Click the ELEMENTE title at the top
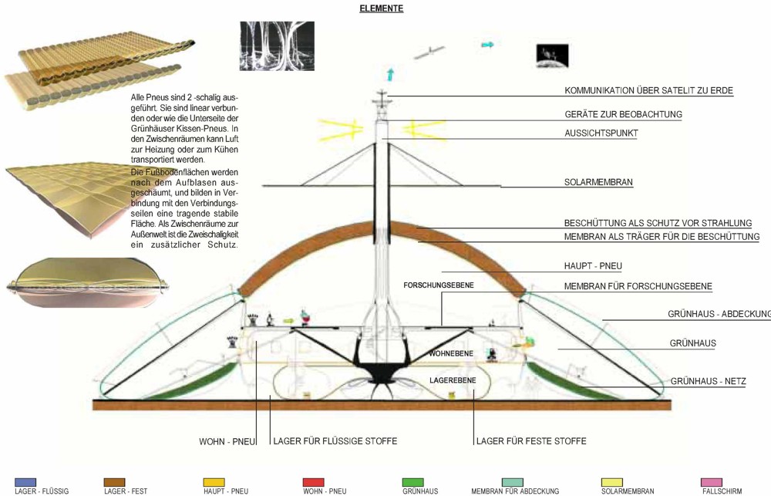tap(382, 8)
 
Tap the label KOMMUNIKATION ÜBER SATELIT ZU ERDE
tap(648, 90)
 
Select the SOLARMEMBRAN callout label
tap(598, 182)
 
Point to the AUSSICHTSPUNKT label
tap(601, 133)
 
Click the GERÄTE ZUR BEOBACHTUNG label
tap(624, 114)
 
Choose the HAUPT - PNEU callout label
tap(593, 266)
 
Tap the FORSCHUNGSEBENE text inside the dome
tap(439, 285)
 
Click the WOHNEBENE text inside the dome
tap(451, 354)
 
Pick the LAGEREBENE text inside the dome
tap(453, 380)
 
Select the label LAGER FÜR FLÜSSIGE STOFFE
tap(335, 441)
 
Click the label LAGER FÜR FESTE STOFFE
tap(531, 441)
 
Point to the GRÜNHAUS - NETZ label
tap(708, 381)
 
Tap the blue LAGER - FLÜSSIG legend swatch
tap(25, 482)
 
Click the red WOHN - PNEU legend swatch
tap(314, 482)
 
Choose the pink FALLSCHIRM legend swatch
tap(712, 482)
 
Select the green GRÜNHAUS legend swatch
tap(413, 482)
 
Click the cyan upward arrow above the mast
tap(390, 75)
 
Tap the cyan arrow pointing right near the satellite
tap(487, 45)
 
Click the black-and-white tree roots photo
tap(277, 46)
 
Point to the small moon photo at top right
tap(553, 56)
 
